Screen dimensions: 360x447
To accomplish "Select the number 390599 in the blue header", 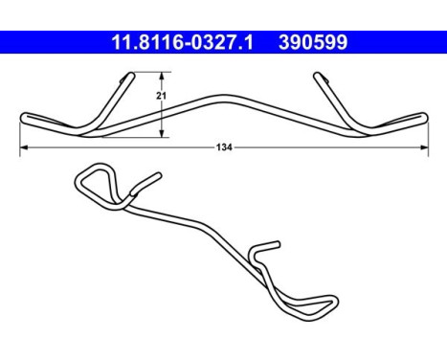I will (311, 42).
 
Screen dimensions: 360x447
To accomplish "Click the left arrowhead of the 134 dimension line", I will (23, 147).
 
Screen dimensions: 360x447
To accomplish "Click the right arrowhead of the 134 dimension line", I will (424, 147).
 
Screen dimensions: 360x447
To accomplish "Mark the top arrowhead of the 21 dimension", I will (162, 76).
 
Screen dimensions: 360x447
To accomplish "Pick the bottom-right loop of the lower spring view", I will (326, 305).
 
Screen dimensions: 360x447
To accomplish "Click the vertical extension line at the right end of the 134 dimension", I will (427, 134).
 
